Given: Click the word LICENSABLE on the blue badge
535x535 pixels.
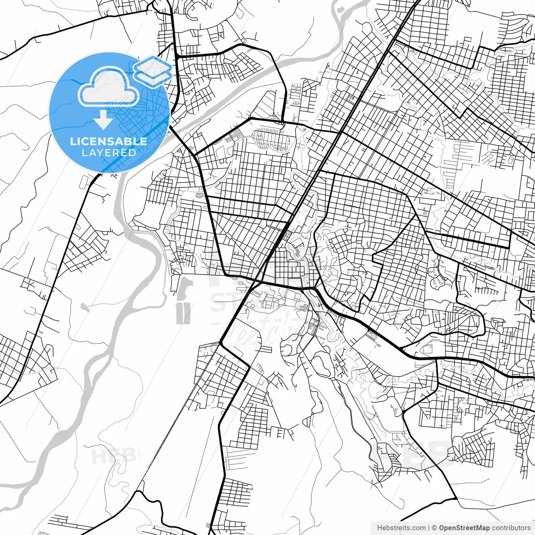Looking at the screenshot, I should pyautogui.click(x=109, y=141).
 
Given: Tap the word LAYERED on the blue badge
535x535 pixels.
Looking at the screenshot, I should pyautogui.click(x=109, y=153).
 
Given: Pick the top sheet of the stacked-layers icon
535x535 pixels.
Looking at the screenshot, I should pyautogui.click(x=153, y=65).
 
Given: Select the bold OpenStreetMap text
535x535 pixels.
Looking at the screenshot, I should pyautogui.click(x=464, y=528).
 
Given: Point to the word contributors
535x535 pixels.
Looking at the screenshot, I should pyautogui.click(x=511, y=528).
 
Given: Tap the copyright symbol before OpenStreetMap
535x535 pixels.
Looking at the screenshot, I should pyautogui.click(x=435, y=528).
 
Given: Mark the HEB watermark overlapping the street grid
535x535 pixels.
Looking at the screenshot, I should pyautogui.click(x=418, y=453).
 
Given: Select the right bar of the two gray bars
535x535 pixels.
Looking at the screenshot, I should pyautogui.click(x=188, y=313).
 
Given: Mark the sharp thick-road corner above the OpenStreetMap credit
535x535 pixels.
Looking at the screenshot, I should pyautogui.click(x=456, y=498).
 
